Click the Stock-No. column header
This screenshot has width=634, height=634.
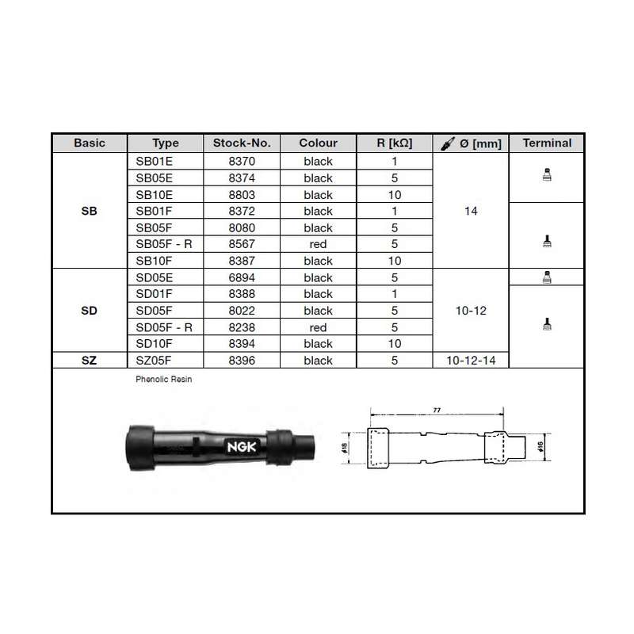[x=242, y=143]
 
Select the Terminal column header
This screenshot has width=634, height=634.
[x=547, y=143]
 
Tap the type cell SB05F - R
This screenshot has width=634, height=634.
[x=164, y=244]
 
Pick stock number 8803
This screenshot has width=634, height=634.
[x=242, y=195]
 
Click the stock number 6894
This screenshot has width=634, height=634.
[x=242, y=278]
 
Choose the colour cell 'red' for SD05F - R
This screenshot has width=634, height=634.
[x=318, y=327]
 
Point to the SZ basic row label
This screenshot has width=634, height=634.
[x=89, y=361]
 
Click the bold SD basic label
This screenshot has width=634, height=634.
[x=89, y=311]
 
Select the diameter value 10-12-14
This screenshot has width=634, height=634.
[x=471, y=361]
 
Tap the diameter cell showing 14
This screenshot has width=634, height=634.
[x=471, y=211]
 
